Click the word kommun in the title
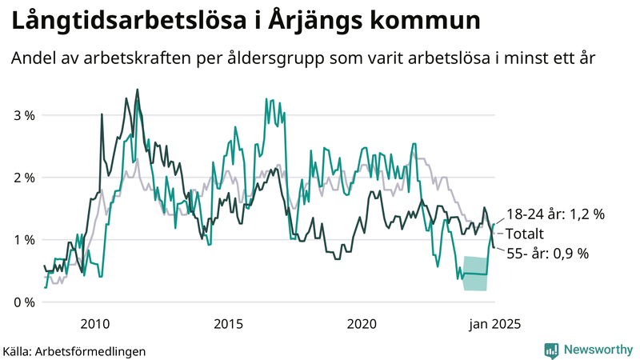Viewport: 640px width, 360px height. [433, 20]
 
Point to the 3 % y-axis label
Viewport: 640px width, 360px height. [23, 115]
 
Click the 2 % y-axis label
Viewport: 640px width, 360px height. [23, 178]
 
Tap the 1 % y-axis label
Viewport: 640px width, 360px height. [23, 240]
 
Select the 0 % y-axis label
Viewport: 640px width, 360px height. [23, 302]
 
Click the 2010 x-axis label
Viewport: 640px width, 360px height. [95, 324]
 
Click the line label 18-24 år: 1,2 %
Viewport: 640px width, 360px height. [554, 214]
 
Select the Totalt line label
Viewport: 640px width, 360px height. [525, 234]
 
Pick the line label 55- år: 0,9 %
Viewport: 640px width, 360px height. [547, 253]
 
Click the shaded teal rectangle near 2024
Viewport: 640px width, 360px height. [475, 273]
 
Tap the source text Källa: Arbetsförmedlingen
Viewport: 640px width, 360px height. [74, 350]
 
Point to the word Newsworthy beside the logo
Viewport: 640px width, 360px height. [597, 350]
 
